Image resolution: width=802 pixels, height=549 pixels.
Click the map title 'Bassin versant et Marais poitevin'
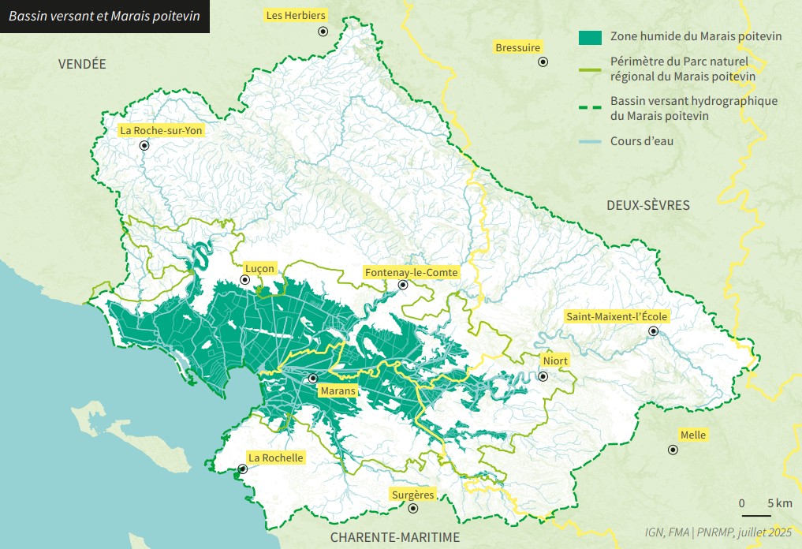[104, 16]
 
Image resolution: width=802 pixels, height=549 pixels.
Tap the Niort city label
[555, 361]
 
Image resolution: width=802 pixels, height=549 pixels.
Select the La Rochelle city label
[275, 458]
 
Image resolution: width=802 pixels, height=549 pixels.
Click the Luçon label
[260, 268]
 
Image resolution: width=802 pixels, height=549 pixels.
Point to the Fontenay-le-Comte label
[411, 272]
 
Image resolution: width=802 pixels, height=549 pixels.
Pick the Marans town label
[338, 390]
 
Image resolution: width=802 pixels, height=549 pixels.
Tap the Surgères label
[412, 495]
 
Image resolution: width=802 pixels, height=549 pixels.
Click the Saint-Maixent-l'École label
[617, 317]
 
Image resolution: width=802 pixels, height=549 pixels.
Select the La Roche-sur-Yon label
[161, 131]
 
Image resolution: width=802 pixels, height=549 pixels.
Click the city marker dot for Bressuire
[543, 62]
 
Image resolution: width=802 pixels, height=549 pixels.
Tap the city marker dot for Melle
[673, 450]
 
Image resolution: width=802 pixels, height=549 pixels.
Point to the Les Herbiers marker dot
[323, 31]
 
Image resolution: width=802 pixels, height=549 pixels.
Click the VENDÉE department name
[82, 65]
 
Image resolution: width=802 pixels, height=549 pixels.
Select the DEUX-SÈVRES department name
[648, 205]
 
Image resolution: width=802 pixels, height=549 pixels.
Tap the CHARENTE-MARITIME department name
[394, 537]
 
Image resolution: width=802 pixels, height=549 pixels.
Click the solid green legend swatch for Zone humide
[590, 36]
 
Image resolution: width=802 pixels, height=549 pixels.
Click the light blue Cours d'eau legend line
[590, 142]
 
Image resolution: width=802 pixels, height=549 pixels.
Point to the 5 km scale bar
[756, 515]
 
